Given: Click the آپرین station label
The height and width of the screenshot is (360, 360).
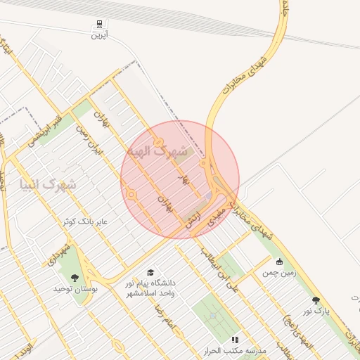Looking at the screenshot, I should click(x=98, y=34).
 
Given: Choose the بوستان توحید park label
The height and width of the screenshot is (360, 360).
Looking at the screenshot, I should click(x=75, y=288).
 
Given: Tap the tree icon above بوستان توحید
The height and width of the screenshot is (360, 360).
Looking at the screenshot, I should click(x=75, y=278).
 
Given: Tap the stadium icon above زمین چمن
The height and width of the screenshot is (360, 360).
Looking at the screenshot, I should click(x=280, y=262).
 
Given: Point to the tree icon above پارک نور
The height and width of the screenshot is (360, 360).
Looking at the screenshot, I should click(x=316, y=300).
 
